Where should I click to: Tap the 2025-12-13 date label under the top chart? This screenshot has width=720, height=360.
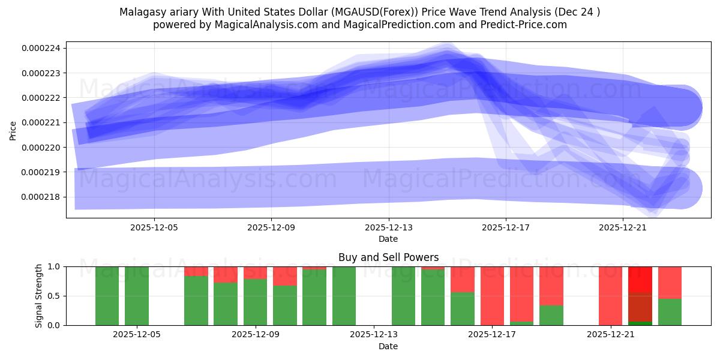388,227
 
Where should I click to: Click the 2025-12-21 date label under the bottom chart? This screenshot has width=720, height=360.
610,335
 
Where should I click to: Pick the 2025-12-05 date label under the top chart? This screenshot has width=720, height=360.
154,227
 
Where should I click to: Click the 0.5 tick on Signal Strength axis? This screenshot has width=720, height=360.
53,296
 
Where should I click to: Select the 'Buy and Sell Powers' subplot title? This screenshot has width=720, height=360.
388,257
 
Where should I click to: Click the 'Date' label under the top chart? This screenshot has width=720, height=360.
388,239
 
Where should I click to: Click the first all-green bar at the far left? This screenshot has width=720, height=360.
107,295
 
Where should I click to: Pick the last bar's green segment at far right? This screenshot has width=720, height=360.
670,311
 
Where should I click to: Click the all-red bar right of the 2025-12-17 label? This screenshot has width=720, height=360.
492,295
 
